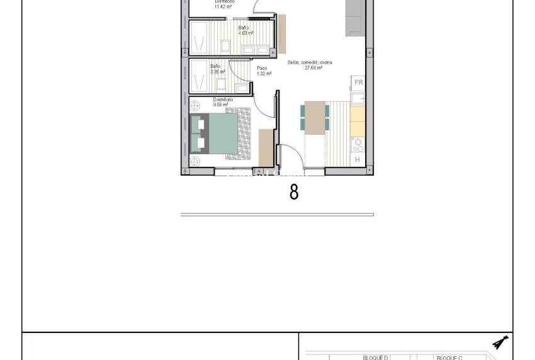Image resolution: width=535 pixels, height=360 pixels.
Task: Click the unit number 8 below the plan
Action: (x=294, y=192)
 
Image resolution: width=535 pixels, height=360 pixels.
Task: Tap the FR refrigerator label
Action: (x=358, y=82)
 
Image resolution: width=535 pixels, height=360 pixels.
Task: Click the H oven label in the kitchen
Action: (x=358, y=160)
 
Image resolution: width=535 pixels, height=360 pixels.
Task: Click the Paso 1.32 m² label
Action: (x=263, y=70)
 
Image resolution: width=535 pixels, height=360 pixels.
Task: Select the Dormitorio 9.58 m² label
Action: (x=223, y=102)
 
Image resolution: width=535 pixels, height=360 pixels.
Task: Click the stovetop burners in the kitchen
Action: (x=358, y=145)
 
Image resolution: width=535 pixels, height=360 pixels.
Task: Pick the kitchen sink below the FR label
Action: (x=358, y=99)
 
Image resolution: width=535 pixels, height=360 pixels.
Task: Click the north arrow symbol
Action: (x=501, y=342)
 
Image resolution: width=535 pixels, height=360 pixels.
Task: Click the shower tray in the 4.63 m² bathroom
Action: (x=201, y=39)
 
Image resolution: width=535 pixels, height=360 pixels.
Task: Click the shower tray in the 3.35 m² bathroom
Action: (x=201, y=76)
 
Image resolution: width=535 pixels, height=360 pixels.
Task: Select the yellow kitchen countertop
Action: (x=358, y=121)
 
